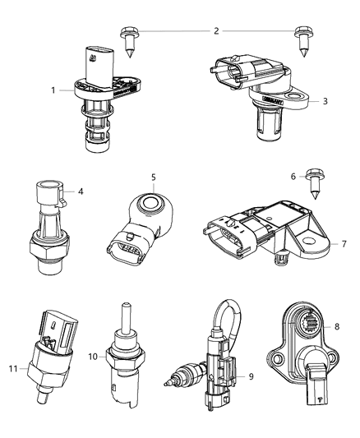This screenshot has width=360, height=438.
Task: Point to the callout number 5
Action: coord(152,177)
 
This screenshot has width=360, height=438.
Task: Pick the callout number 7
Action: coord(344,244)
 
